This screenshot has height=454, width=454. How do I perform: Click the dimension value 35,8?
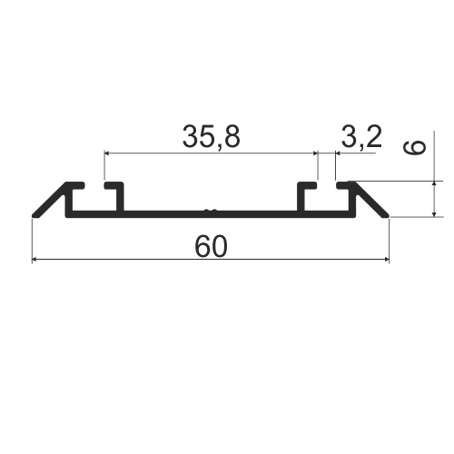pos(212,137)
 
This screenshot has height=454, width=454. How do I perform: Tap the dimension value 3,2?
pos(361,137)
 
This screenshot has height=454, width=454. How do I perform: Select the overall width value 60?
pos(211,247)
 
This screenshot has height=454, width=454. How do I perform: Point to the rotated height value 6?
pos(414,147)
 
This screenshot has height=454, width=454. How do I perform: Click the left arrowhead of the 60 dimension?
pos(35,259)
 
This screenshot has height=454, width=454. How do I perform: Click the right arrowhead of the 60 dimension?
pos(387,259)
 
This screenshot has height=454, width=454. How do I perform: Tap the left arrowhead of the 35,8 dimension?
pos(107,153)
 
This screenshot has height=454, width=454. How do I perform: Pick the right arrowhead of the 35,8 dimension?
pos(315,153)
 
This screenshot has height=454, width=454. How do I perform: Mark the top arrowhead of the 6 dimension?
pos(434,183)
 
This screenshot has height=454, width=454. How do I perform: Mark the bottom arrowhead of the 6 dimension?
pos(434,214)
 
